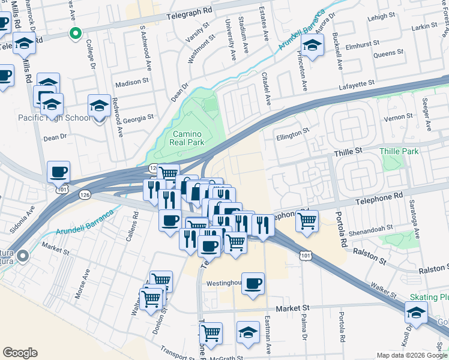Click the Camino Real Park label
coord(188,138)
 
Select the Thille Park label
coord(399,151)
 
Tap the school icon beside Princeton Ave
coord(312,45)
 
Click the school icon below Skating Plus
coord(416,313)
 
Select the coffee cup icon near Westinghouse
coord(253,283)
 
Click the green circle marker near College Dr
coord(75,33)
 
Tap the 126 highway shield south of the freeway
coord(84,194)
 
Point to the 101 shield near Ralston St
coord(306,256)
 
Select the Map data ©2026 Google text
coord(411,355)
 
